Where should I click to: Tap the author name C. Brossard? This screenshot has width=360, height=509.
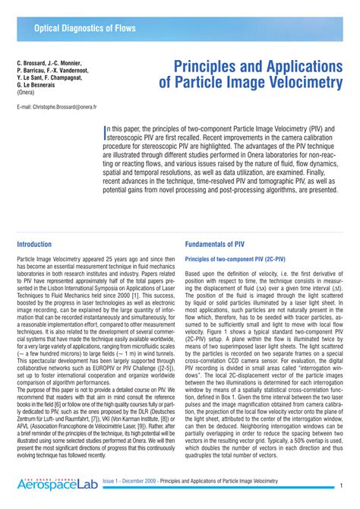[35, 62]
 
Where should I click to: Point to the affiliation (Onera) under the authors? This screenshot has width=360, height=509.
[28, 93]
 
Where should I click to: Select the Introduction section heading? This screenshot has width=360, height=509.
[34, 245]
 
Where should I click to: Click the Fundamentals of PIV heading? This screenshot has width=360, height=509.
[219, 245]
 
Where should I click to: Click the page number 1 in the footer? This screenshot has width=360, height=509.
[343, 485]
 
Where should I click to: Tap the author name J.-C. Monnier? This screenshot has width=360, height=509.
[75, 62]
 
